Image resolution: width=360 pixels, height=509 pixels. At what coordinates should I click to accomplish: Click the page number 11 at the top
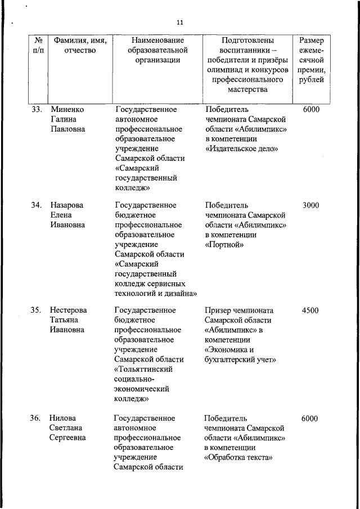pos(179,22)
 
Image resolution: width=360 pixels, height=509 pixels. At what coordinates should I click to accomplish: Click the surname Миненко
pos(67,110)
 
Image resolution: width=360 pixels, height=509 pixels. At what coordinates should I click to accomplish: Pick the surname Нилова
pos(63,418)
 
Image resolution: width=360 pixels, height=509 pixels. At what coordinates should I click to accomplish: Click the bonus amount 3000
pos(310,205)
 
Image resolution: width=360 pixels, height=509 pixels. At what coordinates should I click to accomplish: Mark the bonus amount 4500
pos(310,310)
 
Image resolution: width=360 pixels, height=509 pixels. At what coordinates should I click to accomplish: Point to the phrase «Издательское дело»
pos(242,149)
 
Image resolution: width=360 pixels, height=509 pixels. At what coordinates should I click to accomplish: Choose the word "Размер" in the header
pos(311,41)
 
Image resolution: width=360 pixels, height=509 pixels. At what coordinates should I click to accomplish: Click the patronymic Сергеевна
pos(67,438)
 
